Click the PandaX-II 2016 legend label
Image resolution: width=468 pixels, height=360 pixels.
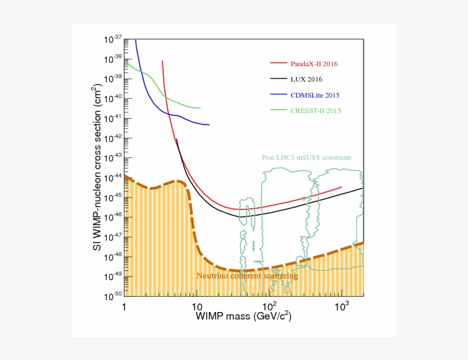(x=314, y=64)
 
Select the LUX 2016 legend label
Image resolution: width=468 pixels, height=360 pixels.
(x=306, y=79)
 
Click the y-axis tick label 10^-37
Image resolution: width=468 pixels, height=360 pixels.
(x=112, y=39)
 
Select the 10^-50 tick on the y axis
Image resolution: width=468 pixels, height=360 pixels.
(x=112, y=295)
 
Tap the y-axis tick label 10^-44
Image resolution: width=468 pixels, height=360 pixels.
(x=112, y=177)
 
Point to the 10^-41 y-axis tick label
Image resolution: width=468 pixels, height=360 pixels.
(x=112, y=118)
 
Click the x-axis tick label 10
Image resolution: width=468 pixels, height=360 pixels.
(x=197, y=308)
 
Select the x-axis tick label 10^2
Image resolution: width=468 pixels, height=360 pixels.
(x=269, y=306)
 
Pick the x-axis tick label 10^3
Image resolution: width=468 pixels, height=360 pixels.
(x=341, y=306)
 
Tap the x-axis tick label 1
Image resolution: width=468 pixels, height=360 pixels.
(x=124, y=308)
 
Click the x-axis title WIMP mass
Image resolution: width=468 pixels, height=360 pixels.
(x=244, y=316)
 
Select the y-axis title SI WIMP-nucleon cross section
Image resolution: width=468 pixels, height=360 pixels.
(x=98, y=166)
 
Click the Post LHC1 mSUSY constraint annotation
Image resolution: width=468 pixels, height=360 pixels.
(x=306, y=157)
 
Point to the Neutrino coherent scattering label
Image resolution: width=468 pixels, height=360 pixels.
(x=247, y=276)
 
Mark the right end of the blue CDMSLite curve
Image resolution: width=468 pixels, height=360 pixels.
(x=209, y=125)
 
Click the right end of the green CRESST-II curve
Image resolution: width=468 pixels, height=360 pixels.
(x=200, y=107)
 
